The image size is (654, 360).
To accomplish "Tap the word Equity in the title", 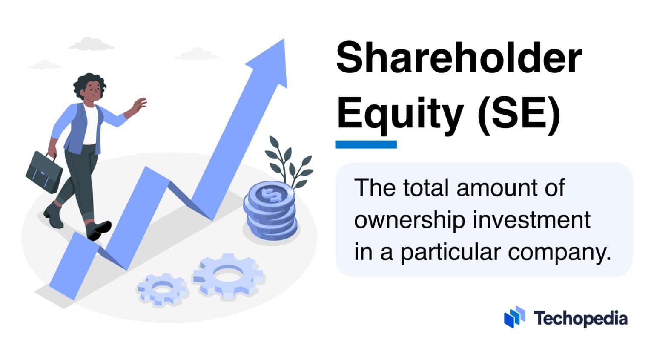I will coord(400,112).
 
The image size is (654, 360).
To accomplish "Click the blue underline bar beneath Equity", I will coord(366,144).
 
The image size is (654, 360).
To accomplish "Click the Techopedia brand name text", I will coord(580,318).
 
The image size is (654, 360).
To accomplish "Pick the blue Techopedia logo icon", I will coord(514,317).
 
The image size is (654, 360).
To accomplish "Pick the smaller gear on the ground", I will coord(163,288).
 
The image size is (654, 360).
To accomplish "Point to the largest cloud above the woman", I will coord(91,44).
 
